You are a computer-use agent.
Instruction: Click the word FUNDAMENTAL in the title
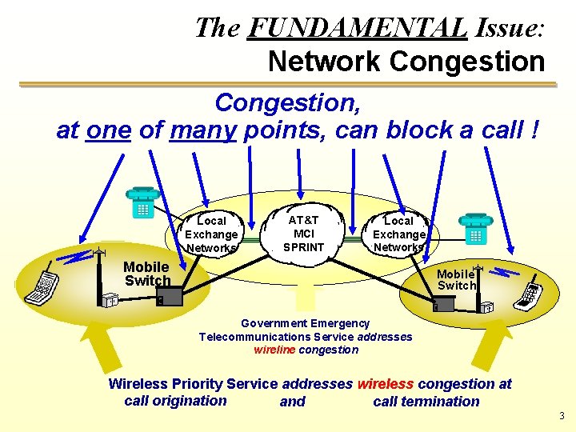(357, 28)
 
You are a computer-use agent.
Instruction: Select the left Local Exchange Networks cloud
(211, 234)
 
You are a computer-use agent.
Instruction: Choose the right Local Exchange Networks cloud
(398, 234)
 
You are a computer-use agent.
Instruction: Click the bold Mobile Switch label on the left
(146, 274)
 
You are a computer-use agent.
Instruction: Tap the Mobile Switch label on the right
(456, 279)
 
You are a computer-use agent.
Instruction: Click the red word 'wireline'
(274, 350)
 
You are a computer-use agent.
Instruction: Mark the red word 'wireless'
(386, 384)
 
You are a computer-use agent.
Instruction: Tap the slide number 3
(562, 416)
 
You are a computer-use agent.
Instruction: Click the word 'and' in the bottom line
(292, 402)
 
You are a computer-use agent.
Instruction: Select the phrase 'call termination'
(426, 402)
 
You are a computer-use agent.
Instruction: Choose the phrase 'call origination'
(175, 401)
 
